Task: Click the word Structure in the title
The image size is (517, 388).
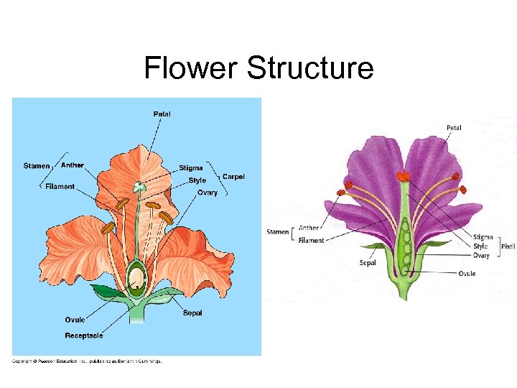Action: click(310, 68)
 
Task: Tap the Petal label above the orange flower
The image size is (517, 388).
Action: click(162, 114)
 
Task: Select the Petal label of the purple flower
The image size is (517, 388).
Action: click(454, 128)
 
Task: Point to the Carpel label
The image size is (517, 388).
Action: click(233, 176)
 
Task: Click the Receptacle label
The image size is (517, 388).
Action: click(84, 336)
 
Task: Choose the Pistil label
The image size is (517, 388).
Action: click(508, 246)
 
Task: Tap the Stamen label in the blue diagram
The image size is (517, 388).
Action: click(37, 166)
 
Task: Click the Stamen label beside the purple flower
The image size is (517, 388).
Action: click(278, 232)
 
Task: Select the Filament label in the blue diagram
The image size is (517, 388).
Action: click(60, 187)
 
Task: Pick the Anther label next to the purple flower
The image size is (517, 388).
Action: click(309, 228)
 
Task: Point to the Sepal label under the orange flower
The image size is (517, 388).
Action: click(192, 313)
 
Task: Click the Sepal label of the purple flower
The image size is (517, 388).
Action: click(368, 263)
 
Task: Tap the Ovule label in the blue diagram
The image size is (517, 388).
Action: click(75, 320)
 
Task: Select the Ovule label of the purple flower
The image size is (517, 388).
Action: click(467, 273)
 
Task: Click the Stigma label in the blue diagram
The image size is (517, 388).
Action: click(191, 168)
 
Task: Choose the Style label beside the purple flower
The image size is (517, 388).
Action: click(480, 246)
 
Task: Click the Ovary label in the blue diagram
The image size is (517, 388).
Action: click(208, 193)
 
